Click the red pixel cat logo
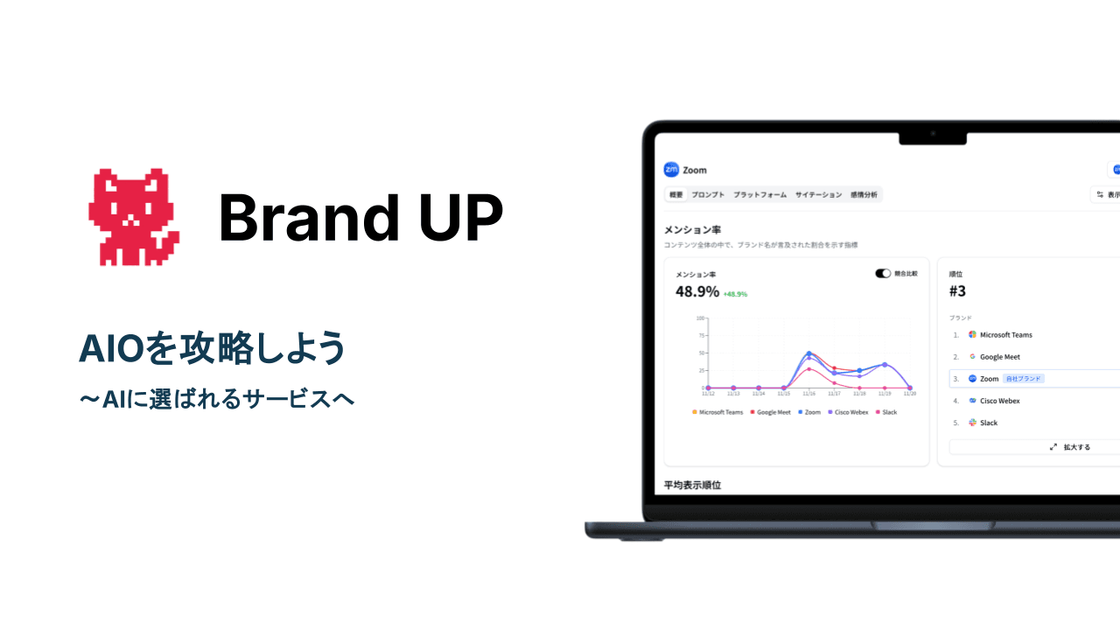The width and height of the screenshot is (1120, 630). (134, 217)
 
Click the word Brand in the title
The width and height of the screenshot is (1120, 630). (297, 218)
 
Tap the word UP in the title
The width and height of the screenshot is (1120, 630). (460, 218)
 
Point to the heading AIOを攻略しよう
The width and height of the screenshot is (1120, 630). (213, 349)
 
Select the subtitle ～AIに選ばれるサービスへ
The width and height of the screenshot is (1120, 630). (216, 399)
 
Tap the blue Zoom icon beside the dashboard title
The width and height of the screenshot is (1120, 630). (671, 170)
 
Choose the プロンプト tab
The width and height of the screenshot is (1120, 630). (707, 195)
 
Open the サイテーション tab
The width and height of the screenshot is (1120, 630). (818, 195)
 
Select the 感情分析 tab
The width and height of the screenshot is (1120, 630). (864, 195)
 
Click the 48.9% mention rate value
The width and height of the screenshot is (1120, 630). (697, 291)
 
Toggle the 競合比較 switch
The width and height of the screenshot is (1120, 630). (883, 274)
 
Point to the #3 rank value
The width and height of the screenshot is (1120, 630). (957, 291)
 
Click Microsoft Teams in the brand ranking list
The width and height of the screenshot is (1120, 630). (1005, 335)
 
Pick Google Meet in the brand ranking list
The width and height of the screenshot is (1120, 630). (999, 357)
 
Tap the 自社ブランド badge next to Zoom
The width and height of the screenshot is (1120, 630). (1024, 379)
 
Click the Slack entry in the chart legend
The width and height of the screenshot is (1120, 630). (889, 412)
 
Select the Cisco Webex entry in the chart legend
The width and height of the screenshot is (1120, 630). (850, 412)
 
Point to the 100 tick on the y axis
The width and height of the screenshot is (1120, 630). (700, 318)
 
